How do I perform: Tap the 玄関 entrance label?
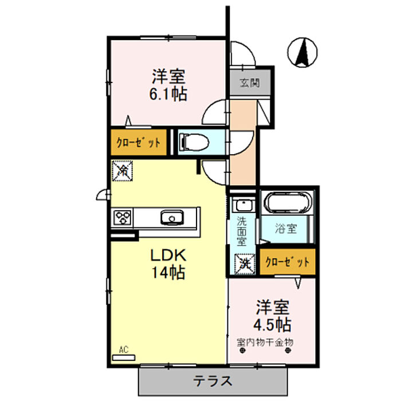pos(250,82)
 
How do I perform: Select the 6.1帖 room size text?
pos(168,93)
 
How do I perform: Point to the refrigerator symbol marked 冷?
pos(123,170)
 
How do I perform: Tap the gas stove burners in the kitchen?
pos(123,218)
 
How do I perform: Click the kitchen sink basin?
pos(171,218)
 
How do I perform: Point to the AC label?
pos(123,349)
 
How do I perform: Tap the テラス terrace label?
pos(212,380)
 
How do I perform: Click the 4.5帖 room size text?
pos(272,325)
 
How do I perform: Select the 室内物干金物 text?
pos(265,343)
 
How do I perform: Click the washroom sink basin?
pos(243,204)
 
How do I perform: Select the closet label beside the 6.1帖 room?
pos(139,143)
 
